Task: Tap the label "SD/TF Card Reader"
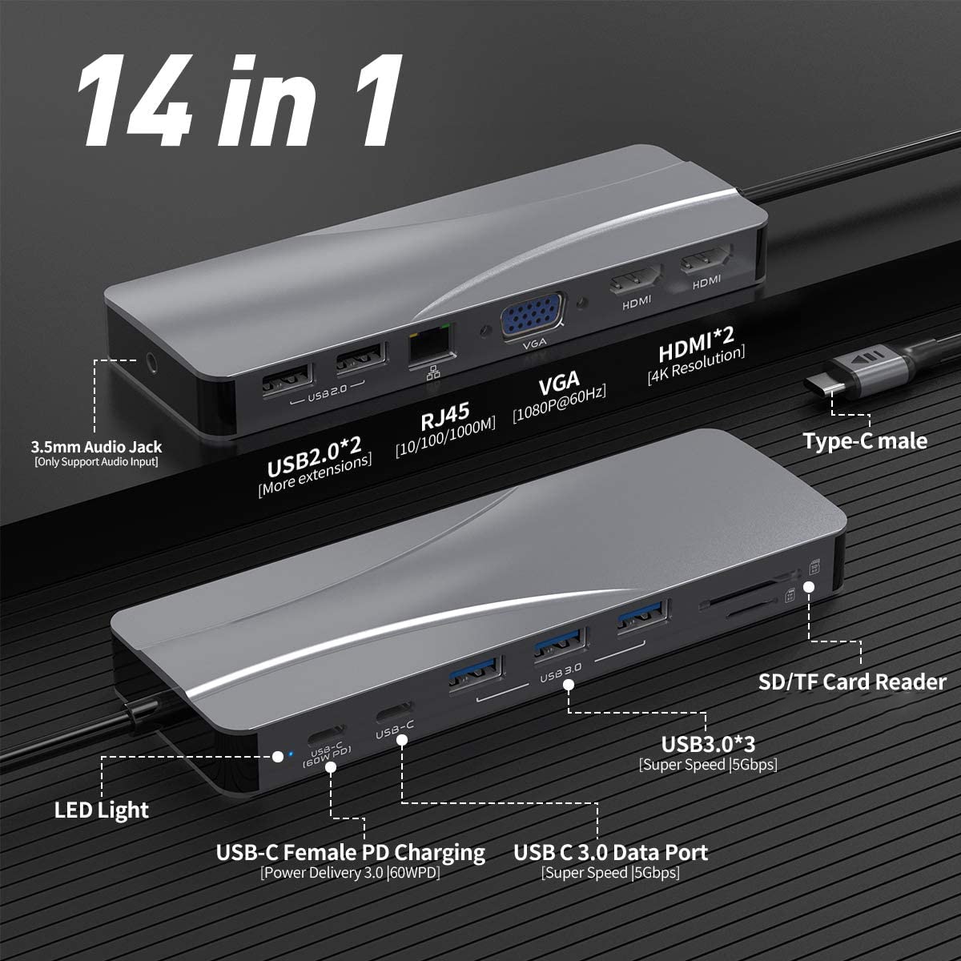click(x=852, y=682)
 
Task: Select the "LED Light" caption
click(x=102, y=810)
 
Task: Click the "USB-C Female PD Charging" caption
click(x=350, y=852)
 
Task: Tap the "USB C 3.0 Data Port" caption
click(x=610, y=852)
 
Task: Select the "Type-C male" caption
click(x=865, y=441)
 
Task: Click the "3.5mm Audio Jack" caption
click(x=96, y=447)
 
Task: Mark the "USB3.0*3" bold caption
click(x=707, y=744)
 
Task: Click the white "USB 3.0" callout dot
click(x=569, y=686)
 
